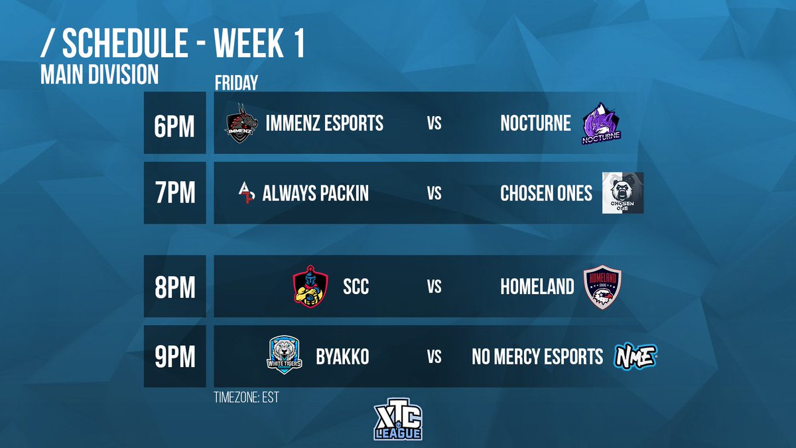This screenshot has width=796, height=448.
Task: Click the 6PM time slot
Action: tap(174, 123)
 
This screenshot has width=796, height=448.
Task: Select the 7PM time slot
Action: tap(174, 193)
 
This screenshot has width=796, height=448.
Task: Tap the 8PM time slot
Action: tap(174, 287)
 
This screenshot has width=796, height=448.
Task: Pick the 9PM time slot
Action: tap(174, 356)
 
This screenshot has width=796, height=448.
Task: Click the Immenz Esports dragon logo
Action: tap(241, 123)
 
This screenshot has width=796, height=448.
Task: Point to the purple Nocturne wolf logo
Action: tap(601, 123)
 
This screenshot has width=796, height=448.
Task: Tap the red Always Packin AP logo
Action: tap(247, 192)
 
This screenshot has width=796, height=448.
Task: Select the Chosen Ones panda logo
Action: tap(622, 193)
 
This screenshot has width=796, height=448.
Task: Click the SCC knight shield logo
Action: tap(310, 286)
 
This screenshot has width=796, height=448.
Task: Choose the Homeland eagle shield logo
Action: tap(602, 287)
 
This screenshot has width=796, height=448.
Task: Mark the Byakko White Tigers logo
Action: tap(284, 356)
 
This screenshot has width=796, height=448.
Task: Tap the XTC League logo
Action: tap(398, 419)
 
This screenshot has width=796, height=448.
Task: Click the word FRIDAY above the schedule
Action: tap(236, 83)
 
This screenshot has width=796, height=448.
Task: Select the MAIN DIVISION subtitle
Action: tap(99, 75)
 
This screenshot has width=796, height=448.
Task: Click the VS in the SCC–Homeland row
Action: tap(434, 287)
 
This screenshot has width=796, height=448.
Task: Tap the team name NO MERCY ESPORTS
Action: tap(537, 356)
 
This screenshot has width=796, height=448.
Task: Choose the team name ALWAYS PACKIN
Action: tap(316, 193)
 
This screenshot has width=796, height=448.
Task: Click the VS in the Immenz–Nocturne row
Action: tap(434, 123)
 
